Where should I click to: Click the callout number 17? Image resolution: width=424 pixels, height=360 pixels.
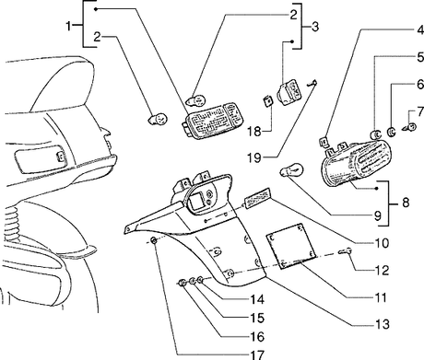pos(257,354)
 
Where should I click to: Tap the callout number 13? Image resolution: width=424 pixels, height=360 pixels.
pos(383,324)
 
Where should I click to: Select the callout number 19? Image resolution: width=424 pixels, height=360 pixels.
pos(254,158)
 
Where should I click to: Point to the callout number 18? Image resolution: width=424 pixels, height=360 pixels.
pos(254,132)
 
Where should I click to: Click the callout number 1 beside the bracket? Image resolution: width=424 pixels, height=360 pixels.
pos(69,26)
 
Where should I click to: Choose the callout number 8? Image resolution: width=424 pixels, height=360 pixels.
pos(406,203)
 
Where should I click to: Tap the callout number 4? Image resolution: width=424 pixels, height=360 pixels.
pos(420,30)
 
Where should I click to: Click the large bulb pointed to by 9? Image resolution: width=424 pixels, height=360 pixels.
pos(291,169)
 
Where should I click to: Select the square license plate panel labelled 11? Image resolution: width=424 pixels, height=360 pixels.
pos(290,247)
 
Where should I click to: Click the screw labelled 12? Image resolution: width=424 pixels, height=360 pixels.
pos(345,251)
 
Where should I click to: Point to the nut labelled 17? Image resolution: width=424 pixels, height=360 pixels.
pos(154,240)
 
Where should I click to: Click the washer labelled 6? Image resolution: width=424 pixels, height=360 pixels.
pos(392,132)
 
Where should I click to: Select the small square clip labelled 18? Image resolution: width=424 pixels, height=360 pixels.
pos(268,100)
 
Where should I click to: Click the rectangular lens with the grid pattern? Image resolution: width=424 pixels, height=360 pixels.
pos(210,121)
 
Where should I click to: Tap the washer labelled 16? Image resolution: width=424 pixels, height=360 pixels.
pos(182,283)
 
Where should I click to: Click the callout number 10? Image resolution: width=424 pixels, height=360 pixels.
pos(383,243)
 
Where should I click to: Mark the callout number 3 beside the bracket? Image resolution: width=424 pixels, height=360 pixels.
pos(315,27)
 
